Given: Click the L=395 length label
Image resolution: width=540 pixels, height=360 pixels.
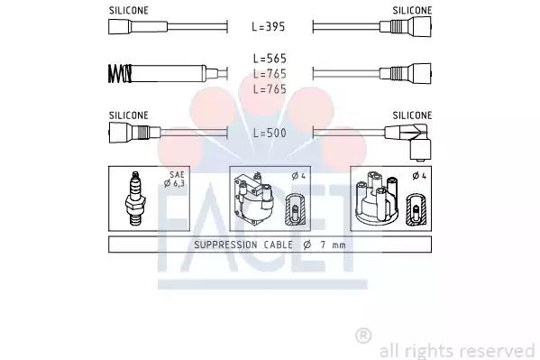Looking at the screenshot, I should (270, 28).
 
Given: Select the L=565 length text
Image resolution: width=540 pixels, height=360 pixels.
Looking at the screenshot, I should (270, 58).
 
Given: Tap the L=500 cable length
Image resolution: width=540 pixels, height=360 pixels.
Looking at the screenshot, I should (270, 134).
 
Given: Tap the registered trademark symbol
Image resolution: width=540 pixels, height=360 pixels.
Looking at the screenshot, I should (363, 336).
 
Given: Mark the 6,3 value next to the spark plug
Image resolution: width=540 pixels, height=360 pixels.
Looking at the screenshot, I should (179, 184).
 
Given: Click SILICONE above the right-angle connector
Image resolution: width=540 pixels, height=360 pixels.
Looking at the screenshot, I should (412, 115).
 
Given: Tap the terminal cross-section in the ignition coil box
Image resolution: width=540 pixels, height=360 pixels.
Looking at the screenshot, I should (296, 210).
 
